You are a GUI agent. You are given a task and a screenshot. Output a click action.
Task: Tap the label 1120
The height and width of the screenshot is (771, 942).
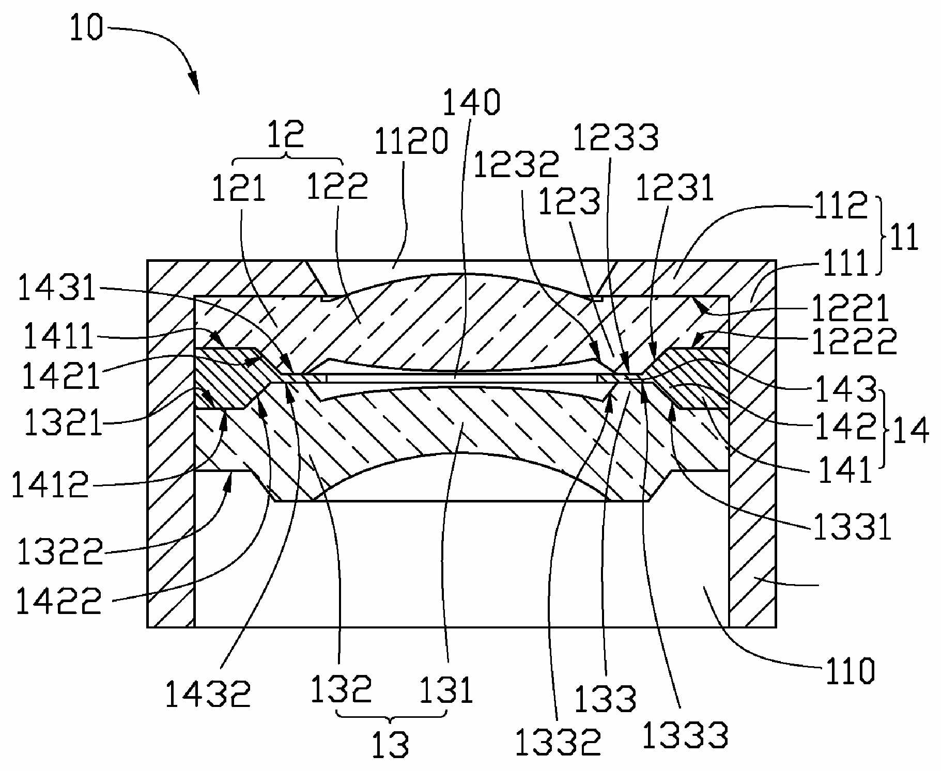click(x=411, y=141)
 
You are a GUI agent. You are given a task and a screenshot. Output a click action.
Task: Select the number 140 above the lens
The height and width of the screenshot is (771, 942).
click(x=471, y=102)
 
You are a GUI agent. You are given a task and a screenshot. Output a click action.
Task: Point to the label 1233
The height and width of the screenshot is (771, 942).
click(x=615, y=138)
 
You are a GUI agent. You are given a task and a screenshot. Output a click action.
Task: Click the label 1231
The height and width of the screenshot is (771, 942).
click(x=675, y=187)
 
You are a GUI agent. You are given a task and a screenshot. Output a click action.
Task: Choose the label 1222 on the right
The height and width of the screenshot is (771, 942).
click(x=854, y=341)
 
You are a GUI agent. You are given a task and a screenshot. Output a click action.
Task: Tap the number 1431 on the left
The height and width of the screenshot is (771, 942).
click(x=57, y=288)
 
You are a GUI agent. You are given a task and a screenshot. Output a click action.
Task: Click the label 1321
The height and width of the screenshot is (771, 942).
click(x=63, y=422)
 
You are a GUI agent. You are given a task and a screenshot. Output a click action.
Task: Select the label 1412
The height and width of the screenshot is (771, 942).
click(x=50, y=485)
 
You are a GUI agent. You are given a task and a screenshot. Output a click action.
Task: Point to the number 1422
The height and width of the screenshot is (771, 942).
click(x=59, y=601)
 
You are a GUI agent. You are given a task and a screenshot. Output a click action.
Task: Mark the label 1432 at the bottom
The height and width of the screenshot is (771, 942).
click(x=208, y=694)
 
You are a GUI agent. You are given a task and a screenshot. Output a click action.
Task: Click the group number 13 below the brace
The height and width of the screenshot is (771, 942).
click(x=391, y=745)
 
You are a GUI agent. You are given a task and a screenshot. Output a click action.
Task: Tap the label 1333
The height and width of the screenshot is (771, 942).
click(x=685, y=735)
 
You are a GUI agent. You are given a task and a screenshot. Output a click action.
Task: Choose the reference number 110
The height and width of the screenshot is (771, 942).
click(x=850, y=671)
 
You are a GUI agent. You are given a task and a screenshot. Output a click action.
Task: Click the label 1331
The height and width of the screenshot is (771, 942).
click(x=853, y=527)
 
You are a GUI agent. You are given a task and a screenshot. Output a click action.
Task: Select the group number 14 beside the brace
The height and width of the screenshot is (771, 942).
click(x=910, y=430)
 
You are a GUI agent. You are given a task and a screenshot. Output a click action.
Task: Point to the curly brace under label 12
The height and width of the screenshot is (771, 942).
click(x=287, y=158)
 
